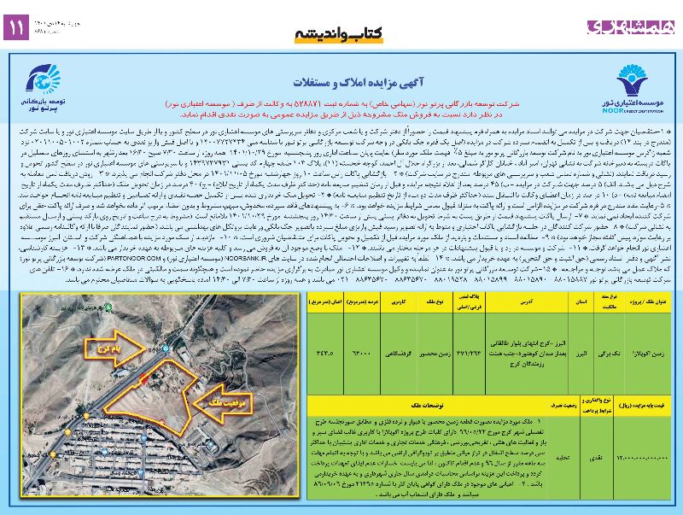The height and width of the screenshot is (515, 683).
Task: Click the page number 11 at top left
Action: coord(16,27)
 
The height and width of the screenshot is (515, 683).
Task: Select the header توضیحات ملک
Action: coord(456,401)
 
